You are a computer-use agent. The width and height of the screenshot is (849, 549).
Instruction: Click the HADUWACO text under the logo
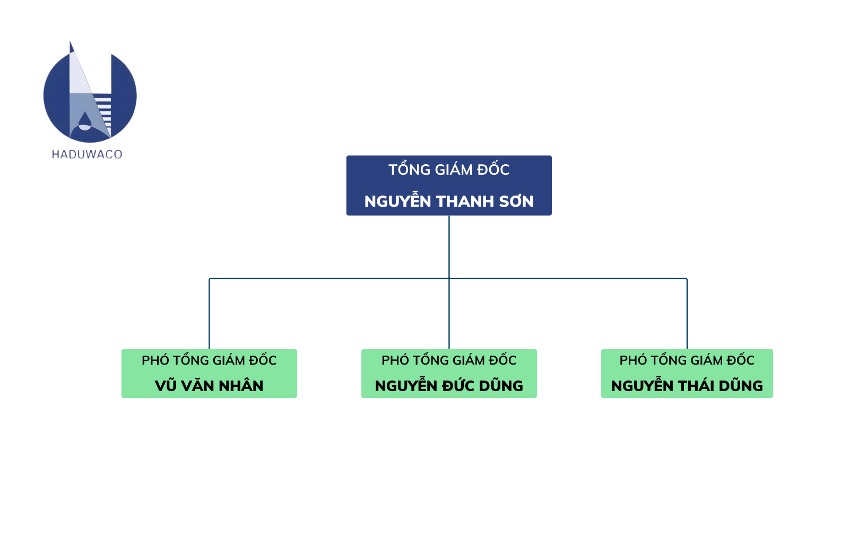[87, 154]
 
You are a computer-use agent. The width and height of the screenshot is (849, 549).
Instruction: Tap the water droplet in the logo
[84, 121]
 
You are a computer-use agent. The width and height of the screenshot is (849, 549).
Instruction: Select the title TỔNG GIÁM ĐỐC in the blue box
[449, 169]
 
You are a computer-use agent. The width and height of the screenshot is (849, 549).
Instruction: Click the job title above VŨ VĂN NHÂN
[209, 359]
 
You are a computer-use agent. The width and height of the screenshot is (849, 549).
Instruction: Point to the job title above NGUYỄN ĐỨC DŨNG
[449, 359]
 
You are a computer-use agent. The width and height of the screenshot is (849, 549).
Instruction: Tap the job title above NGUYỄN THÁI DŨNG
[687, 359]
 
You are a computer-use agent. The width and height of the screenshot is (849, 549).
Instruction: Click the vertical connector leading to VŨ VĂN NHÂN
[209, 314]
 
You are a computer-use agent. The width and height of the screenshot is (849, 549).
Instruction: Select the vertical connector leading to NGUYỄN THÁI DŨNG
[687, 314]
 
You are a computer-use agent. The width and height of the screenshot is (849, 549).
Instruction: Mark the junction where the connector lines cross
[449, 279]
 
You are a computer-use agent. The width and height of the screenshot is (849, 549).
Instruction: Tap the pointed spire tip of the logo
[70, 41]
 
